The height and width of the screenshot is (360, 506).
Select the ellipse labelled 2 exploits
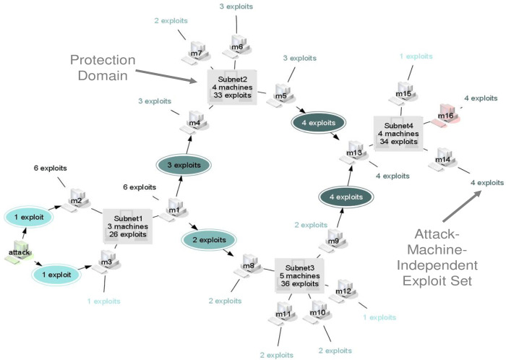coord(210,239)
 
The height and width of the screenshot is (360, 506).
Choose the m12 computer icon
coord(343,291)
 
